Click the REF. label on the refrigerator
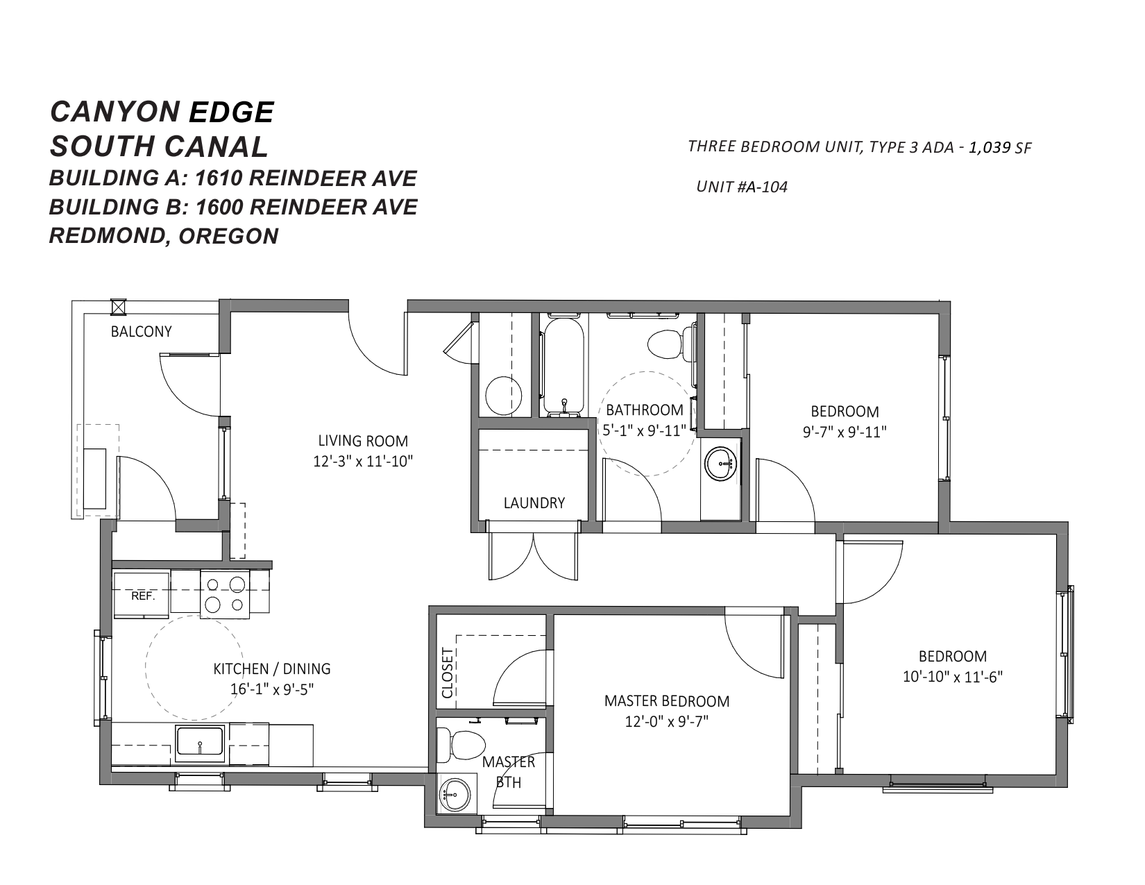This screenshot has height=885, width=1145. point(143,596)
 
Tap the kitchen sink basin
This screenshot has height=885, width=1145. point(200,741)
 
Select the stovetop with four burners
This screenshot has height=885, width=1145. point(225,594)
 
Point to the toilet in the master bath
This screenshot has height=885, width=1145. point(461,744)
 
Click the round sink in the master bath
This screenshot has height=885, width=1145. point(456,795)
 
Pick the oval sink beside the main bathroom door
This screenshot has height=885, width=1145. point(720,464)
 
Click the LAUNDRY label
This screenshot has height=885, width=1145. point(534,503)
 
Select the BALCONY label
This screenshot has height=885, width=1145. point(141,332)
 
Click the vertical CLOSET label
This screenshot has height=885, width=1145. point(448,673)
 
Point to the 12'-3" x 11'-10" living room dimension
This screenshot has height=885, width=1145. point(363,461)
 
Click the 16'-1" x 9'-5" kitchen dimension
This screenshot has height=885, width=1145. point(272,689)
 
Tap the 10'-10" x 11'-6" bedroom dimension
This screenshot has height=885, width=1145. point(953,676)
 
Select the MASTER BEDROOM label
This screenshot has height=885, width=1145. point(667,701)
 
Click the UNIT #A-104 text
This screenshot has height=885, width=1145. point(742,187)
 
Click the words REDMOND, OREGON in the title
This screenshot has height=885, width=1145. point(164,236)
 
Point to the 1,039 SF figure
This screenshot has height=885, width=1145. point(1000,148)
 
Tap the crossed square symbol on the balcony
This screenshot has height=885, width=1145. point(119,307)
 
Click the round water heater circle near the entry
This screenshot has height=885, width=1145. point(504,396)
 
